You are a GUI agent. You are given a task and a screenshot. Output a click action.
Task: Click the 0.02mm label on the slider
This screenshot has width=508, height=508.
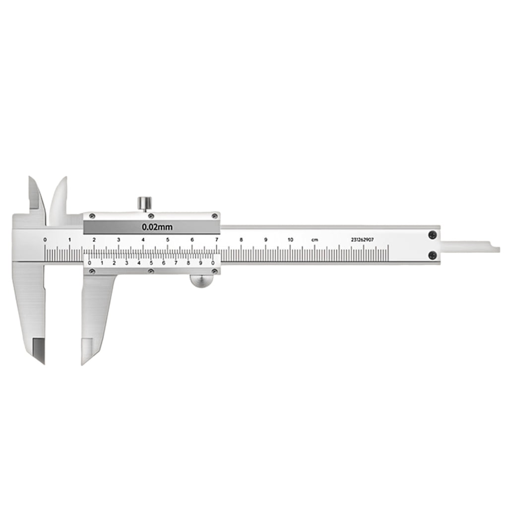point(157,228)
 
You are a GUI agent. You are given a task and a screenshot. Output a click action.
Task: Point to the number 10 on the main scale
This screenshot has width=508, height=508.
point(290,240)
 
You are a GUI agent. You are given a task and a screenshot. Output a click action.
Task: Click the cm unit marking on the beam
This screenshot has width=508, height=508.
point(315,240)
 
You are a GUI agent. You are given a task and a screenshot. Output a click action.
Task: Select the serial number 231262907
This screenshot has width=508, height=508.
point(362,240)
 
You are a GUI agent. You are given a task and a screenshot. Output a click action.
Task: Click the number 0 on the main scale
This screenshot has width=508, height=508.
point(45,240)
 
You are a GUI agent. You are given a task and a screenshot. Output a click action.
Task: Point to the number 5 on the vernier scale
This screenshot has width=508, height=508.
point(151,263)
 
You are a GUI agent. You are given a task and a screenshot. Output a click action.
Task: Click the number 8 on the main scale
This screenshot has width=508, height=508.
point(241,240)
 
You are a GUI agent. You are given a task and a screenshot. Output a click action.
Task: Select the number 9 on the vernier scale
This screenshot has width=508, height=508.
point(200,263)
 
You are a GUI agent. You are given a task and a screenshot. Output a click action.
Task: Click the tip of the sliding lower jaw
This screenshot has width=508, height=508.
point(86,359)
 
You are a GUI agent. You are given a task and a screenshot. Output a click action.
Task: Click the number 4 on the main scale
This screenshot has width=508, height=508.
point(143,240)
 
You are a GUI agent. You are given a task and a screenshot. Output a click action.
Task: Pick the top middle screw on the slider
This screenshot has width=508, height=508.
point(151,215)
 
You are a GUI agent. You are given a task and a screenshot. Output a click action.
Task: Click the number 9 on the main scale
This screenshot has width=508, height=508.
point(265,240)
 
